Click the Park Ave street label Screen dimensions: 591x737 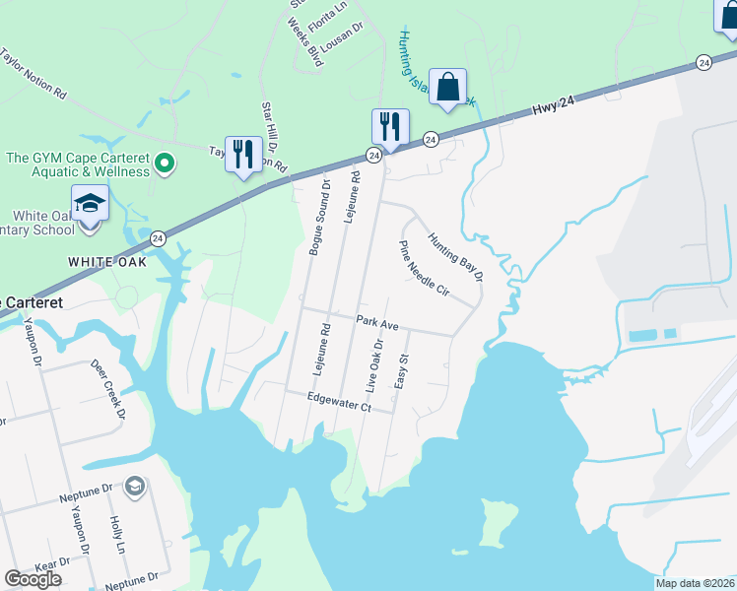377,323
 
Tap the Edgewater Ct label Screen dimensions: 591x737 338,405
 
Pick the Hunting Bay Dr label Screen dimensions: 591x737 455,256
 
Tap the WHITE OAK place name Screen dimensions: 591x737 107,263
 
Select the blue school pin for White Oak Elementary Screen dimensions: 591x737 90,205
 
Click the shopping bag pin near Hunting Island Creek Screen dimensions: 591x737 448,87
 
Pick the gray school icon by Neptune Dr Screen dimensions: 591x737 133,486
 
